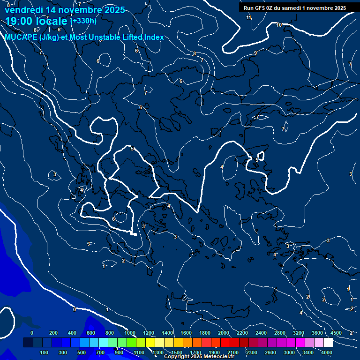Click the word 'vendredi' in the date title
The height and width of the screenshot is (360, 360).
pyautogui.click(x=23, y=10)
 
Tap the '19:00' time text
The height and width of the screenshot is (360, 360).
pyautogui.click(x=19, y=22)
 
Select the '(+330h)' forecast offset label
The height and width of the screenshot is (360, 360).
pyautogui.click(x=83, y=21)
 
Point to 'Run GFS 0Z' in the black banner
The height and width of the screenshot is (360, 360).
pyautogui.click(x=258, y=7)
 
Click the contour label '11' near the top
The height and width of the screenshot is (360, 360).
pyautogui.click(x=249, y=17)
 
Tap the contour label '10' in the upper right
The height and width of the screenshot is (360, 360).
pyautogui.click(x=279, y=25)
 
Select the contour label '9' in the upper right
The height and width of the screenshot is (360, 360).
pyautogui.click(x=255, y=53)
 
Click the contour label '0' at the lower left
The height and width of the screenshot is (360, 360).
pyautogui.click(x=74, y=309)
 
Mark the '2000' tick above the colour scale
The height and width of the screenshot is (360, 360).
pyautogui.click(x=224, y=333)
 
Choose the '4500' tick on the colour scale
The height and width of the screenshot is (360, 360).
pyautogui.click(x=336, y=333)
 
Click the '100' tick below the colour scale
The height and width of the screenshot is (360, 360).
pyautogui.click(x=44, y=352)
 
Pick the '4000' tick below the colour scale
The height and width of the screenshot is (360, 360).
pyautogui.click(x=327, y=352)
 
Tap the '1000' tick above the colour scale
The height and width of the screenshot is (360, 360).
pyautogui.click(x=129, y=333)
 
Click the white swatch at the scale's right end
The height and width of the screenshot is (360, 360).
pyautogui.click(x=328, y=343)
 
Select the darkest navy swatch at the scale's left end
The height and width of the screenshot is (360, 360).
pyautogui.click(x=28, y=343)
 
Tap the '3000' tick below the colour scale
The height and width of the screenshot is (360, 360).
pyautogui.click(x=289, y=352)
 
